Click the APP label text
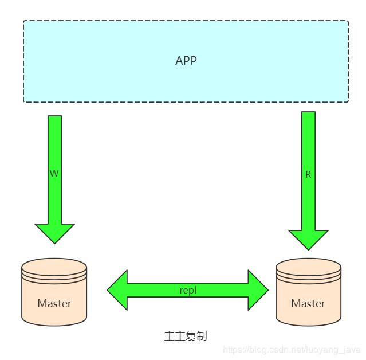tap(186, 61)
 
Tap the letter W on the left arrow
tap(54, 173)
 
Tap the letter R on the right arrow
tap(308, 174)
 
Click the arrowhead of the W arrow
tap(55, 232)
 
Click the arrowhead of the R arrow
tap(308, 239)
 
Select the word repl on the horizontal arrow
tap(188, 290)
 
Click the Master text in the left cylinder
tap(54, 303)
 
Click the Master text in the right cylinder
tap(308, 303)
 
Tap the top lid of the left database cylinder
tap(54, 267)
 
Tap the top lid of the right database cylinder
tap(308, 267)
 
